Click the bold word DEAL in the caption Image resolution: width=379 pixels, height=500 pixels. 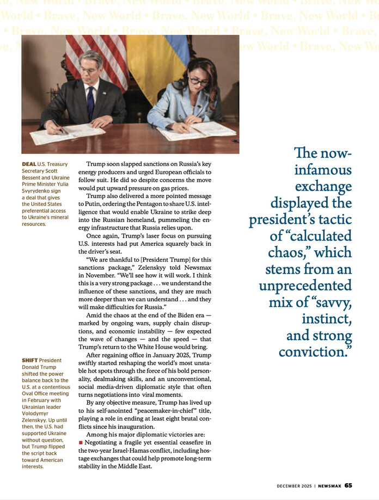29,164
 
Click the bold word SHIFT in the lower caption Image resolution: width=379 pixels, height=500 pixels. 30,360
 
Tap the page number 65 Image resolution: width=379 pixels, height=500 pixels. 348,485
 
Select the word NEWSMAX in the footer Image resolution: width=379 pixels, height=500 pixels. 329,485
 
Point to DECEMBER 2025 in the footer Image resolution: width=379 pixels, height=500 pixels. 295,485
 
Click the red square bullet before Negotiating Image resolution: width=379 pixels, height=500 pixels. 81,443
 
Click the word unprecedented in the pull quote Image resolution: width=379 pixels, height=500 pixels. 305,286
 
